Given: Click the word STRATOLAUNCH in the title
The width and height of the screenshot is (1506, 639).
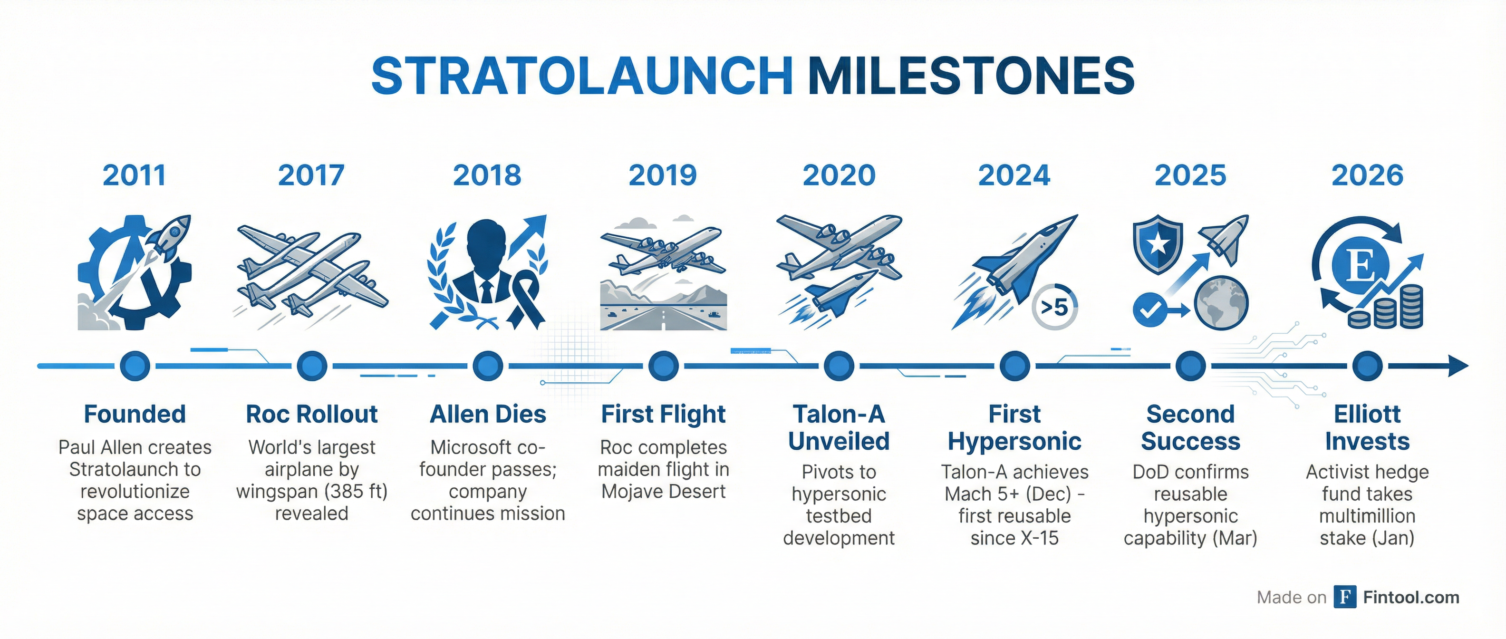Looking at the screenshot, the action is click(x=582, y=76).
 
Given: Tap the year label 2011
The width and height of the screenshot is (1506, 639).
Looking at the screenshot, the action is click(x=135, y=175).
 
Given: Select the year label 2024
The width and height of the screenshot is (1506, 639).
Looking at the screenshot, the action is click(x=1014, y=175).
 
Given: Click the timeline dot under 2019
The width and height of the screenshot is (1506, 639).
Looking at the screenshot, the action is click(x=663, y=367).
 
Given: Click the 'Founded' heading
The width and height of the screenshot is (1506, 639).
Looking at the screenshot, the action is click(x=135, y=414).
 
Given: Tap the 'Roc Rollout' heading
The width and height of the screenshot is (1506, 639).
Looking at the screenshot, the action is click(x=311, y=414).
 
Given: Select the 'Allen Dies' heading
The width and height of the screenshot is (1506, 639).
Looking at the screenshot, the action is click(x=488, y=414).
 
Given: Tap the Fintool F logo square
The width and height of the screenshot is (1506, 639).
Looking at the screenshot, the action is click(x=1345, y=597).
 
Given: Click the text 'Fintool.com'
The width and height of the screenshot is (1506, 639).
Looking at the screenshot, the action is click(x=1411, y=597).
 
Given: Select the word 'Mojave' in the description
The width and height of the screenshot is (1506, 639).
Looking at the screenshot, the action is click(x=634, y=492).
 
